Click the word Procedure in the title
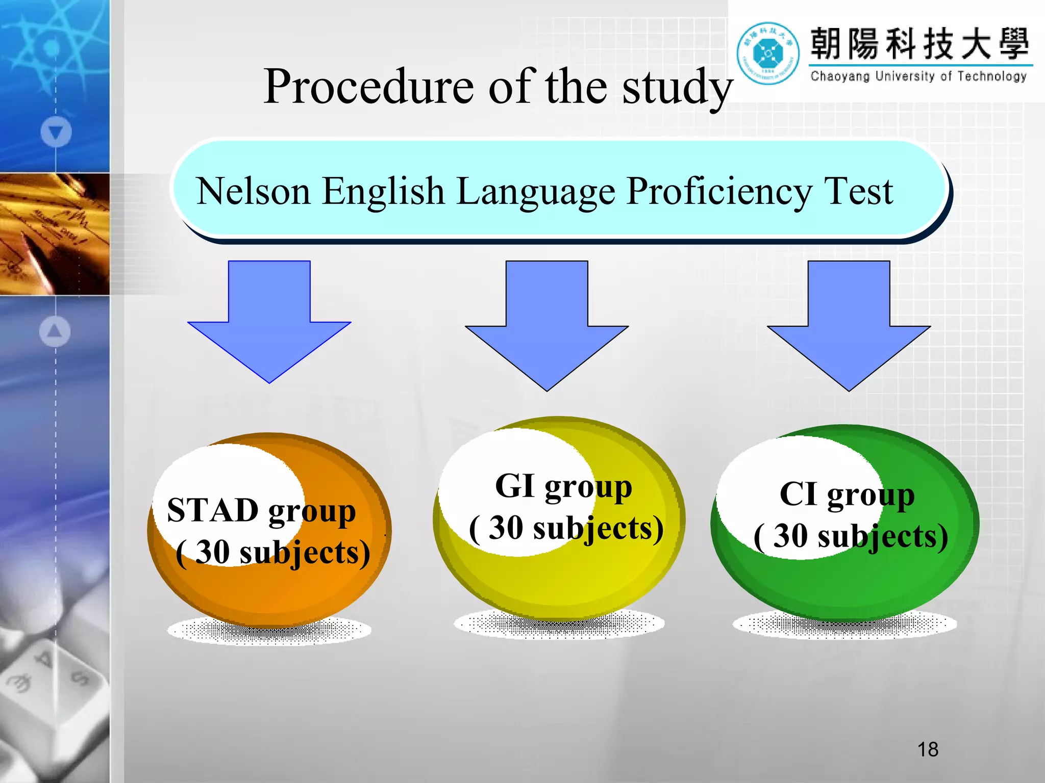coord(368,88)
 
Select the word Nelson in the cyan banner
coord(253,191)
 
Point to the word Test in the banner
coord(858,191)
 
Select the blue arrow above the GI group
coord(546,321)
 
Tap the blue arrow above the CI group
coord(849,321)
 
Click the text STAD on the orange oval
coord(213,510)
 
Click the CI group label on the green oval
coord(847,494)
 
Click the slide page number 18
coord(927,749)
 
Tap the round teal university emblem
coord(768,53)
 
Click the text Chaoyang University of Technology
coord(918,76)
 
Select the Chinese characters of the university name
coord(919,44)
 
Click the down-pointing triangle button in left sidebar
coord(56,132)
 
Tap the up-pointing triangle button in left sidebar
coord(55,331)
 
